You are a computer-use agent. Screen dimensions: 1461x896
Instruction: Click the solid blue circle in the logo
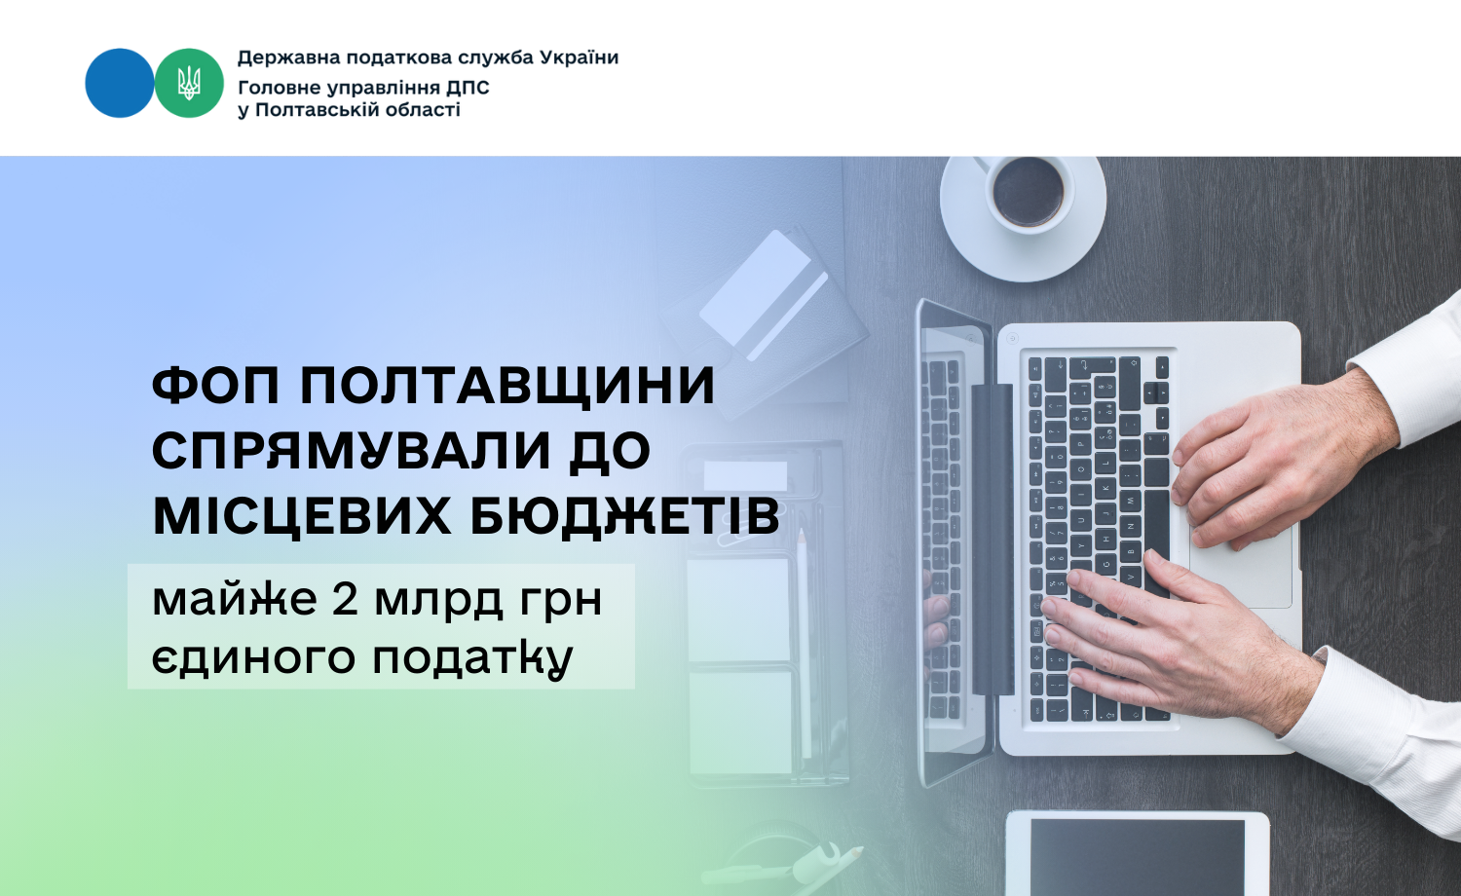[x=120, y=83]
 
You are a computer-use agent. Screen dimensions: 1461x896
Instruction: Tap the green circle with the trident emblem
[x=189, y=83]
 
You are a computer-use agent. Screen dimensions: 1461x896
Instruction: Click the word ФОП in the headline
[x=216, y=386]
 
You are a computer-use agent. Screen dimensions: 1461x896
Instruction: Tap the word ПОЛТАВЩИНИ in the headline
[x=507, y=386]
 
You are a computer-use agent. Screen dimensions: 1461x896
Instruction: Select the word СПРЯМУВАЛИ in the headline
[x=352, y=451]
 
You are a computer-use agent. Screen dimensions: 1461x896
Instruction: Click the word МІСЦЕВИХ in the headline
[x=301, y=516]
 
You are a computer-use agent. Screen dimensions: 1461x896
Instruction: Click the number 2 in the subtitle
[x=345, y=599]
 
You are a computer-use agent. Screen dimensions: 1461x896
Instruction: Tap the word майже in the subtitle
[x=234, y=601]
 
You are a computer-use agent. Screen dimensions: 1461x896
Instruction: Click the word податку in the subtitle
[x=472, y=658]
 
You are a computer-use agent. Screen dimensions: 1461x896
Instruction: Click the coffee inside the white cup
[x=1028, y=192]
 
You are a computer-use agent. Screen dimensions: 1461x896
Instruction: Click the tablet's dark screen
[x=1138, y=858]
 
